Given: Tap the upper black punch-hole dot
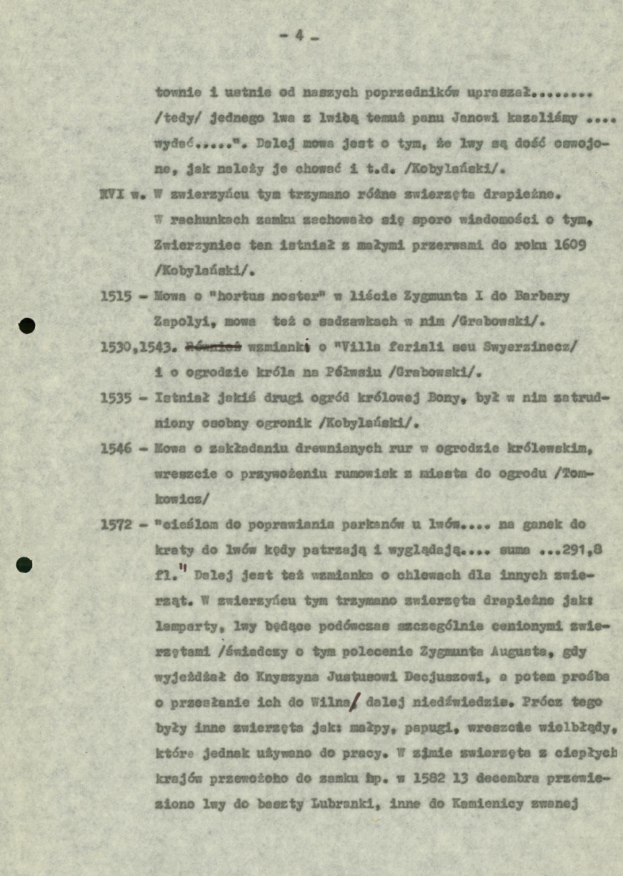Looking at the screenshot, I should coord(26,326).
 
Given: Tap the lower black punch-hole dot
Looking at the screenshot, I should coord(25,564).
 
